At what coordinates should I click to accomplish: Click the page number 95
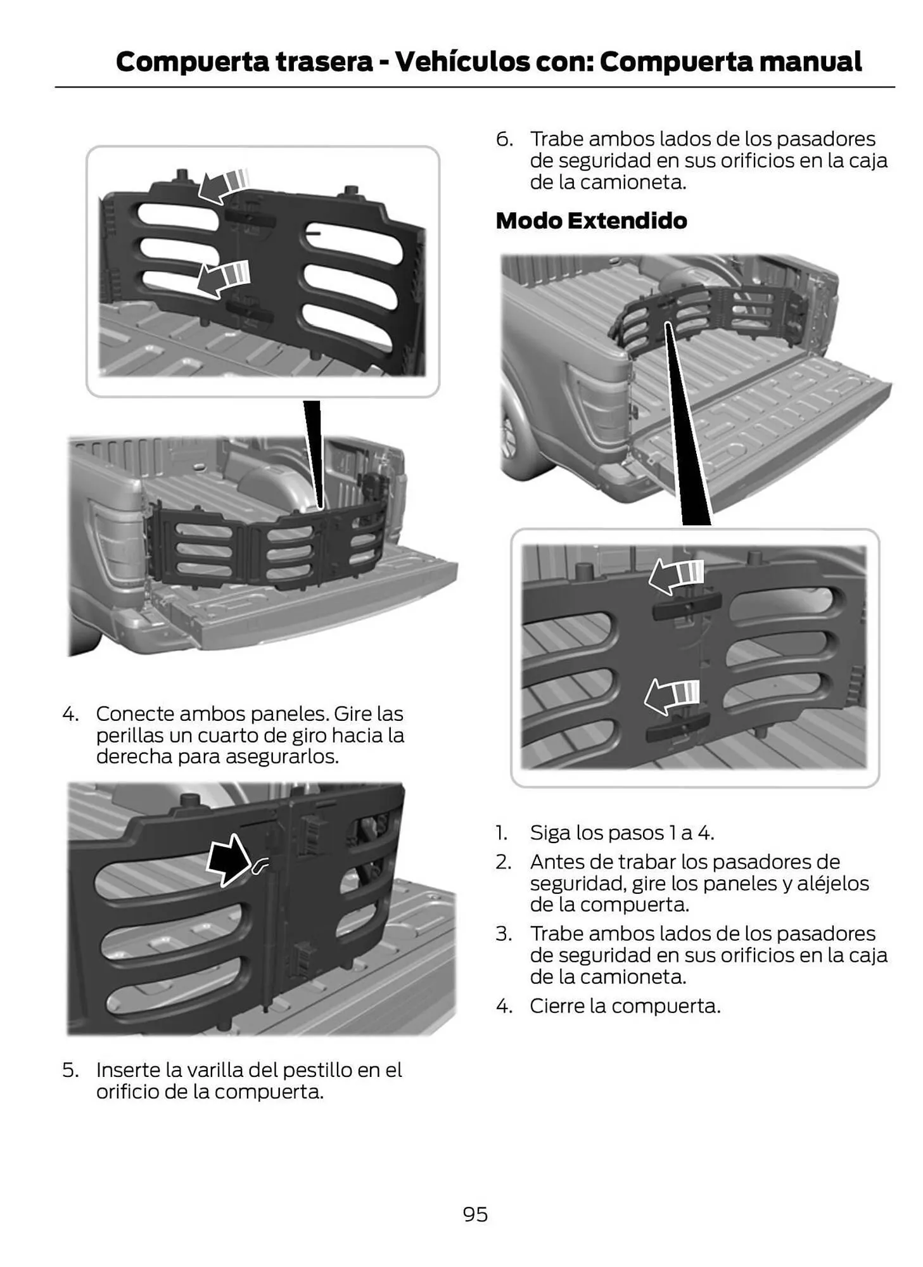pyautogui.click(x=475, y=1214)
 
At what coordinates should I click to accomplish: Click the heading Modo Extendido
pyautogui.click(x=591, y=220)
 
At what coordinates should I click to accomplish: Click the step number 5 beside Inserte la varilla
pyautogui.click(x=70, y=1070)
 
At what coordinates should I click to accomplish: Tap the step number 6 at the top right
pyautogui.click(x=504, y=139)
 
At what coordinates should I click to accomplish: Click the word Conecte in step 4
pyautogui.click(x=135, y=714)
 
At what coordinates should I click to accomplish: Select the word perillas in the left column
pyautogui.click(x=129, y=736)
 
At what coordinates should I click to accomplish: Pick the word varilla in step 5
pyautogui.click(x=214, y=1070)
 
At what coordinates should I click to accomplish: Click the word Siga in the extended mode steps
pyautogui.click(x=550, y=833)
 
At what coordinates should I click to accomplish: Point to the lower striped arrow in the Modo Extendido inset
pyautogui.click(x=672, y=696)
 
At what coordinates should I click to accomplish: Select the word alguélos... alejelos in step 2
pyautogui.click(x=832, y=884)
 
